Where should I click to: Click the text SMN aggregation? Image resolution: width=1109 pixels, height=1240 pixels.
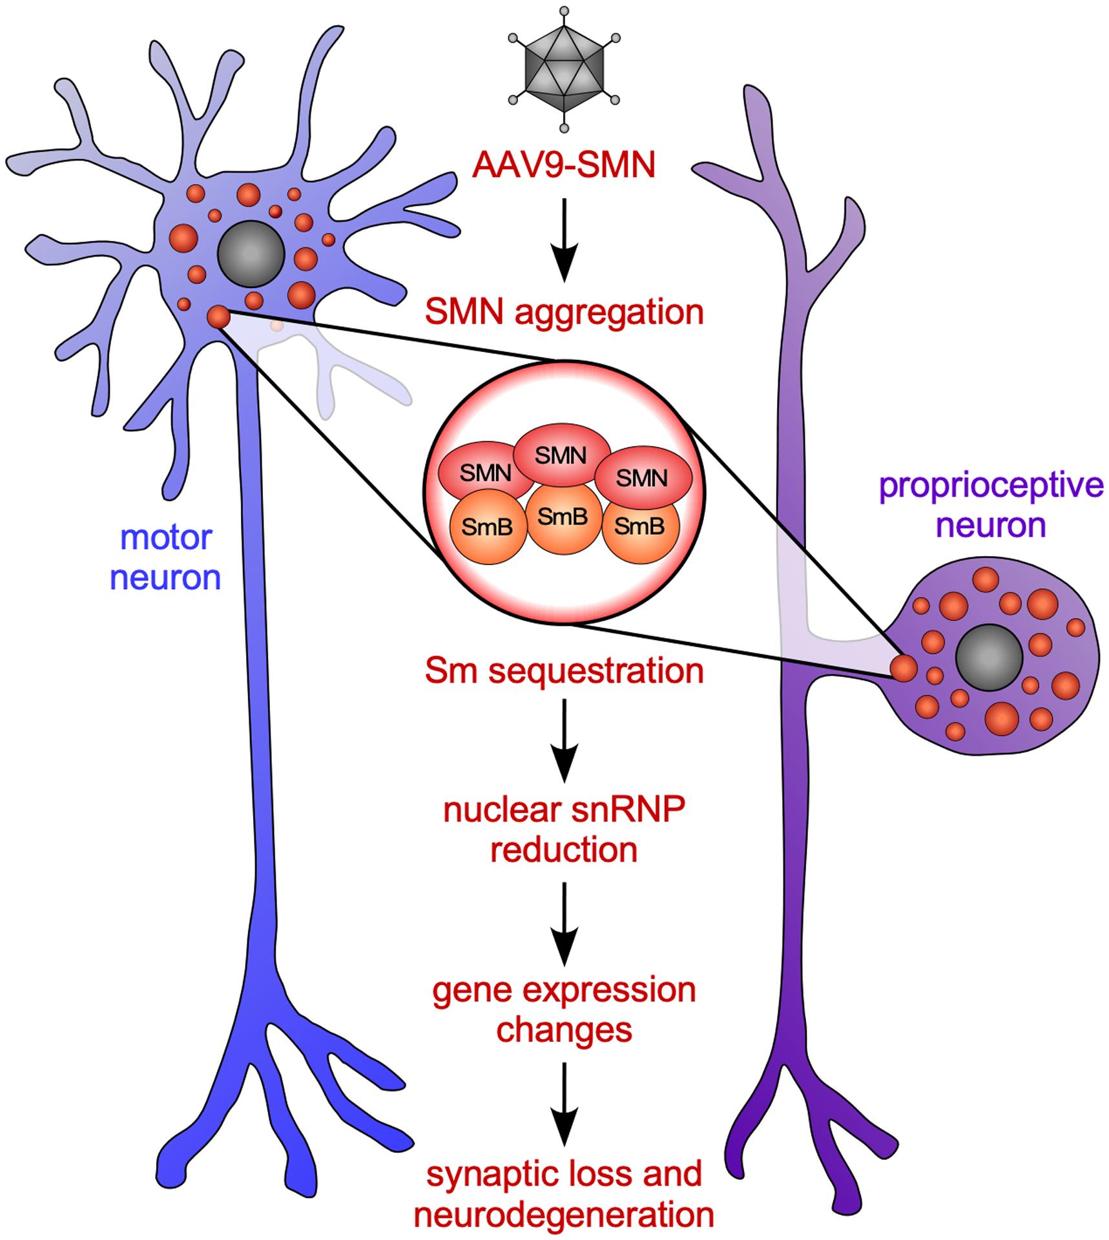564,313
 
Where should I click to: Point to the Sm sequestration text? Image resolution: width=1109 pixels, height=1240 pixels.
564,671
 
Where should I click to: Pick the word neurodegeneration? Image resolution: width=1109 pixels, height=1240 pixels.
564,1215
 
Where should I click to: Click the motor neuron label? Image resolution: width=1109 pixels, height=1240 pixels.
166,557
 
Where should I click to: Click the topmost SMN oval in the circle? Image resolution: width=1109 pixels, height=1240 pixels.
562,455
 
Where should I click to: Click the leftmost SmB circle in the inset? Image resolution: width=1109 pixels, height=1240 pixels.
488,528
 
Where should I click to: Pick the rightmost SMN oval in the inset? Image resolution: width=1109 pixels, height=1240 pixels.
642,477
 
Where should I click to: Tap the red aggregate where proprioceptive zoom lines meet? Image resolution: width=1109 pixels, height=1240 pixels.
903,668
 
